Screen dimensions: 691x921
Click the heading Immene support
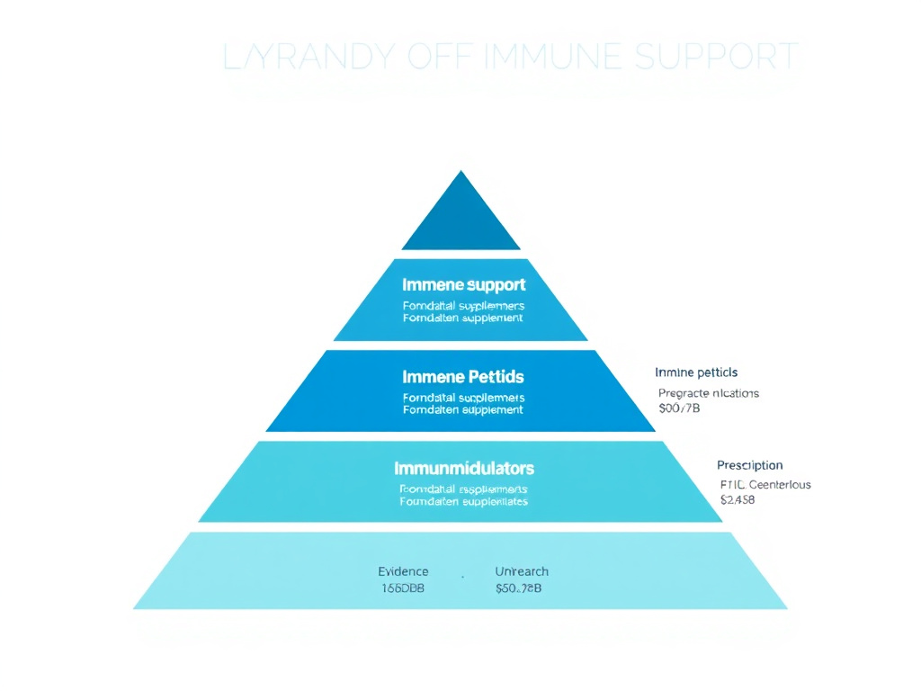point(463,285)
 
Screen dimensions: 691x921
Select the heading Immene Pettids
point(463,376)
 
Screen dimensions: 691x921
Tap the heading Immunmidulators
point(463,469)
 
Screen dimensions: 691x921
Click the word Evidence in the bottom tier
point(403,571)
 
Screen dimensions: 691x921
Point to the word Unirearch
point(522,571)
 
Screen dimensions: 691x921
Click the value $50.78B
point(518,588)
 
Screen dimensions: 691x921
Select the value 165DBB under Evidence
point(403,588)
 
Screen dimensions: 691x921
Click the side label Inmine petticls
point(696,372)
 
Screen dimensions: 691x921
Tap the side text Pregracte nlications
point(709,393)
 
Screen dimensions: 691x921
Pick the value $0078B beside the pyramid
point(680,408)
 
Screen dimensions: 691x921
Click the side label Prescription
point(749,465)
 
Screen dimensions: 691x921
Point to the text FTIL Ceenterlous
point(765,484)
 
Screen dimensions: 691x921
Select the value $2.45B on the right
point(738,499)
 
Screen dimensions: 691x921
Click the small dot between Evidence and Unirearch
point(463,577)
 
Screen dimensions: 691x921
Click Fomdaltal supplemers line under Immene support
point(463,306)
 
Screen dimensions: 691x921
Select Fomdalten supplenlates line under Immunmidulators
point(463,501)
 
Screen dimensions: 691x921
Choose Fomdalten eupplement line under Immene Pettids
point(463,409)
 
